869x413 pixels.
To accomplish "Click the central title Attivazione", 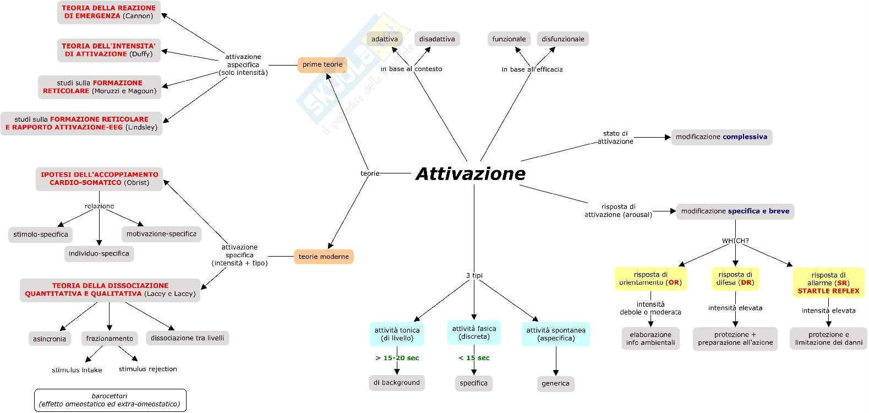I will click(x=471, y=174).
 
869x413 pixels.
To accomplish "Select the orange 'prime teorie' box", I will click(x=323, y=65).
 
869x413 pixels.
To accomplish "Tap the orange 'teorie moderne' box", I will click(x=324, y=257).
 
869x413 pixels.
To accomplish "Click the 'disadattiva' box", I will click(x=437, y=39).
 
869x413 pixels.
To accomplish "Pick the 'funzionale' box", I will click(x=509, y=39).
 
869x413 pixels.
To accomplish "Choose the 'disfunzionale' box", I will click(x=562, y=39).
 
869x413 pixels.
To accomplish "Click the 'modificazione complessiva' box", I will click(x=722, y=137).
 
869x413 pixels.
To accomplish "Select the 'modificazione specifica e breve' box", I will click(x=735, y=211).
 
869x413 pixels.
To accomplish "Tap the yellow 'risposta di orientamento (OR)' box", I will click(x=651, y=279).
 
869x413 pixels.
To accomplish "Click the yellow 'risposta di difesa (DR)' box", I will click(x=735, y=279).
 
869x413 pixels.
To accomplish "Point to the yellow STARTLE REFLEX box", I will click(x=828, y=283).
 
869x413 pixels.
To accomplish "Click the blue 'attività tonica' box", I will click(x=397, y=334).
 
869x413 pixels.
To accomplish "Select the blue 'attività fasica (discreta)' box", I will click(x=474, y=333).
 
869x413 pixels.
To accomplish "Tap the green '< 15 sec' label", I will click(x=474, y=358).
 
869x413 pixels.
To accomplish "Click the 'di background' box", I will click(x=397, y=383).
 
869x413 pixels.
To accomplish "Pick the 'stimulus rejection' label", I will click(x=148, y=369).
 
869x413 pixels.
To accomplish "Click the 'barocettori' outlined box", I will click(x=110, y=400).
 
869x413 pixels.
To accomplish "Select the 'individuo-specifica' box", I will click(x=99, y=254).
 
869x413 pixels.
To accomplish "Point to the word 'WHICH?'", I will click(x=735, y=241).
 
